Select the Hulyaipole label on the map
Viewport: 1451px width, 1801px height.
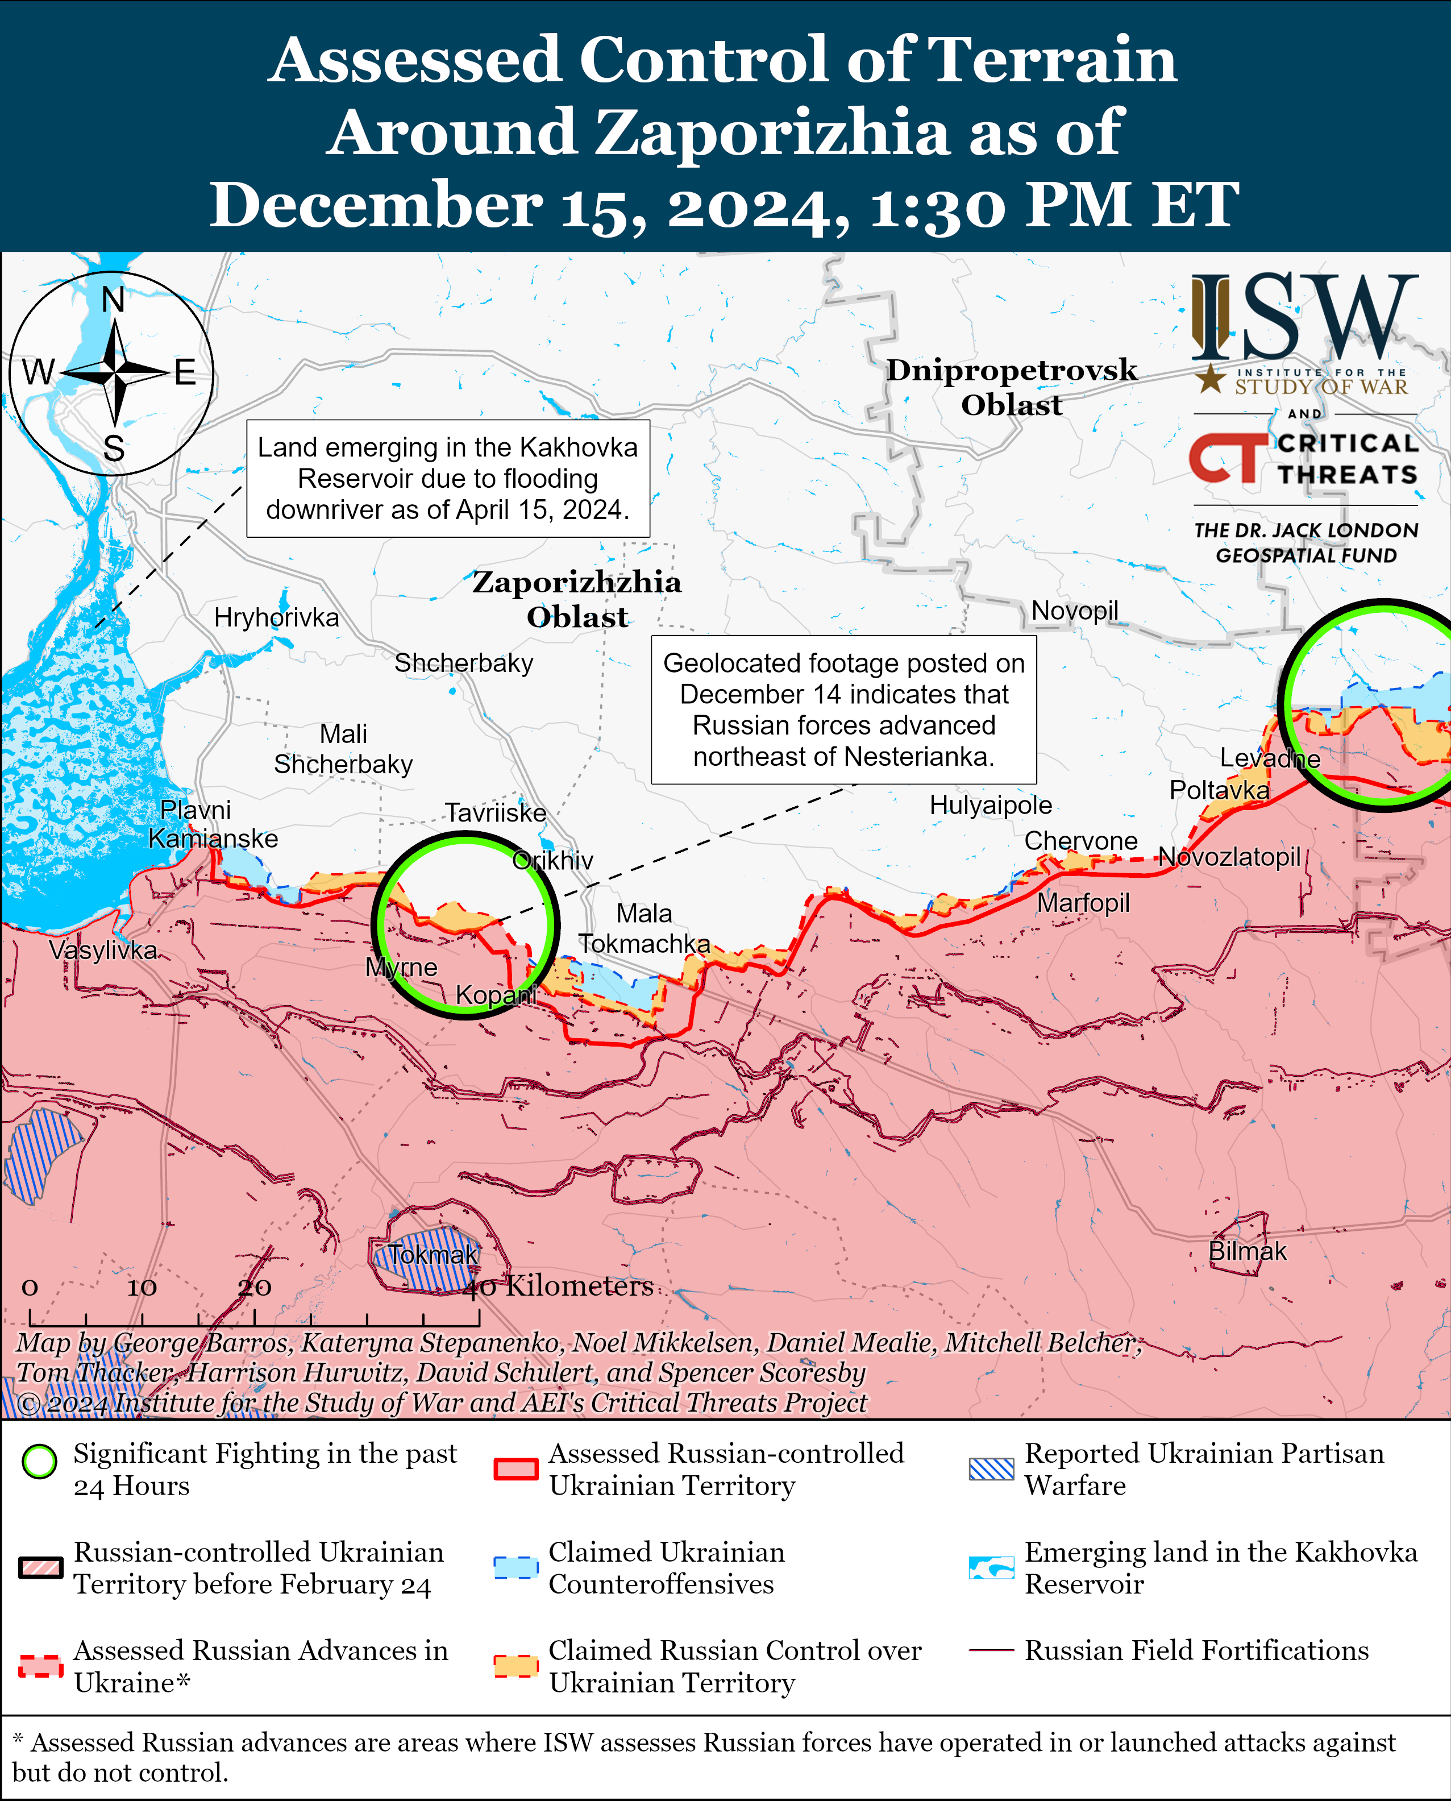(x=991, y=805)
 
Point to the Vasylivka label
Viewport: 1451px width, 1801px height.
(x=103, y=950)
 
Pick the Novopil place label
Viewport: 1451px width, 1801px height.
(x=1074, y=611)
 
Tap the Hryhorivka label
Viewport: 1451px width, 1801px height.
(x=277, y=618)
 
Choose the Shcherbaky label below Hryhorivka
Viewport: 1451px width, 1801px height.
(x=464, y=663)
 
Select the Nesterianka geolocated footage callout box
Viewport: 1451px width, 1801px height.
(x=843, y=709)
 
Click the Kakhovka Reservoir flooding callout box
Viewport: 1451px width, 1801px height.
(x=448, y=478)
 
